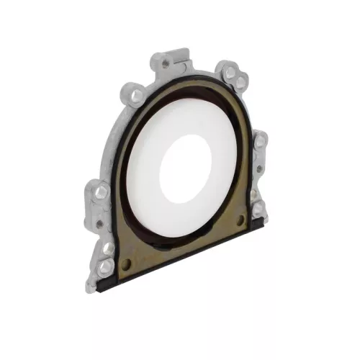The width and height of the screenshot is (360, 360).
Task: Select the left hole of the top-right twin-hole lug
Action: (229, 73)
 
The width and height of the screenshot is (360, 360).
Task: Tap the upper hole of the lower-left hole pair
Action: (107, 248)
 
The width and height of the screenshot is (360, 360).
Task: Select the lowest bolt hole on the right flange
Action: (257, 210)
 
